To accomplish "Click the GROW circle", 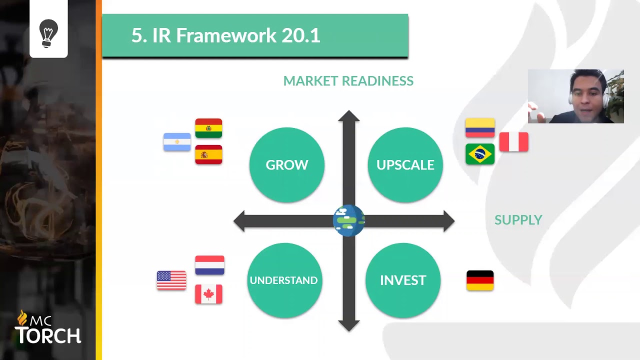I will tap(286, 165).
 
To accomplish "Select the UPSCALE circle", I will tap(405, 165).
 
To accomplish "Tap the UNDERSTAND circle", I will tap(283, 280).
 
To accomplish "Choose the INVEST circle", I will tap(403, 280).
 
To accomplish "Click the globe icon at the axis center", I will tap(348, 220).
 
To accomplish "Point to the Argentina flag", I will tap(177, 142).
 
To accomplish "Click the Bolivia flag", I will tap(208, 128).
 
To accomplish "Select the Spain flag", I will tap(208, 154).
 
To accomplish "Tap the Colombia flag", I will tap(480, 128).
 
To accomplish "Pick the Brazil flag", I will tap(480, 154).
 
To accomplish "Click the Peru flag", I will tap(513, 142).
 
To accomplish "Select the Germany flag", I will tap(480, 280).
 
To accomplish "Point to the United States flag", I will tap(171, 280).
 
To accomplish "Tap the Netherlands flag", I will tap(209, 265).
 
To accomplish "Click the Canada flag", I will tap(208, 294).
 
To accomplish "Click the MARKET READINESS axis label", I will tap(348, 81).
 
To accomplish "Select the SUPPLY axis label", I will tap(518, 220).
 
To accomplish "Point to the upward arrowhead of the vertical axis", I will tap(348, 116).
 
